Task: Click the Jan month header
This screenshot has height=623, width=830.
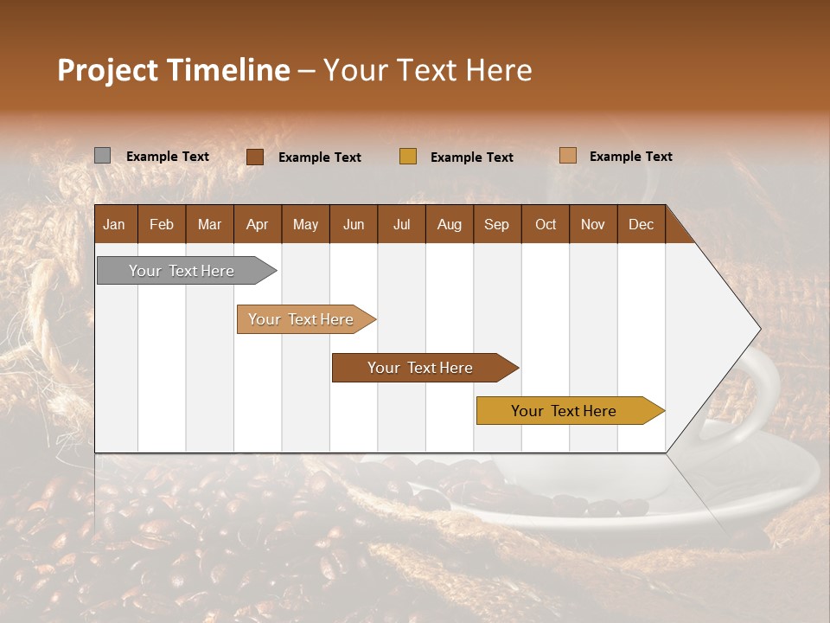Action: pyautogui.click(x=114, y=224)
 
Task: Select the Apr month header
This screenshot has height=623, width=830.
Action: pyautogui.click(x=257, y=224)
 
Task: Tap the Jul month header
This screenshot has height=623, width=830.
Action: pyautogui.click(x=401, y=224)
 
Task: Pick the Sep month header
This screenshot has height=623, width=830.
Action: pyautogui.click(x=496, y=224)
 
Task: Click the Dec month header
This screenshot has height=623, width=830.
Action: pyautogui.click(x=641, y=224)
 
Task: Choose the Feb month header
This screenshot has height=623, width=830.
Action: pyautogui.click(x=162, y=224)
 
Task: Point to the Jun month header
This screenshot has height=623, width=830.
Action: pyautogui.click(x=354, y=224)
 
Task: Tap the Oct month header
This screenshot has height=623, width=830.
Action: pyautogui.click(x=546, y=224)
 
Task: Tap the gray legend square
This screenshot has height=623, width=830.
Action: pyautogui.click(x=102, y=156)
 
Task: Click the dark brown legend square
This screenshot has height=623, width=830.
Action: pyautogui.click(x=255, y=157)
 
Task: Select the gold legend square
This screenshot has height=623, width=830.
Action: pyautogui.click(x=408, y=157)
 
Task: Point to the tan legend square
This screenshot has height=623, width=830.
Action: pyautogui.click(x=568, y=156)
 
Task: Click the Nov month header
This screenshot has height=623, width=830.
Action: pyautogui.click(x=593, y=224)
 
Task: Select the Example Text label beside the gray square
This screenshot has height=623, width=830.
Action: pyautogui.click(x=168, y=157)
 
